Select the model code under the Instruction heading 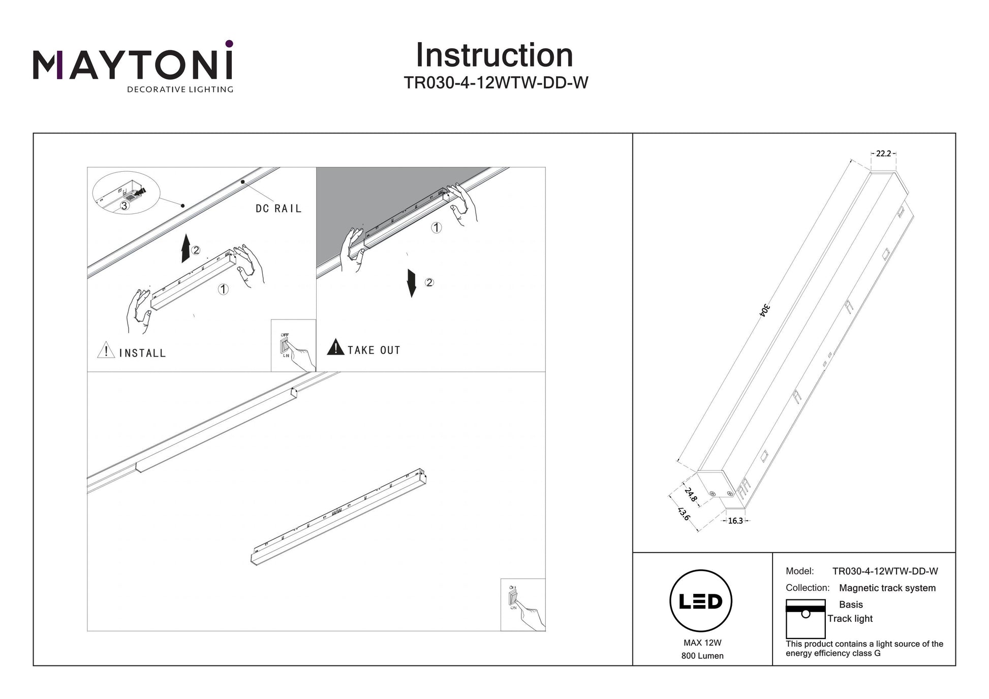[496, 83]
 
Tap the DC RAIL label [279, 209]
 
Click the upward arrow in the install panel [186, 248]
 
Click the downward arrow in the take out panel [412, 283]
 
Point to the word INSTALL [142, 353]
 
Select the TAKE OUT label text [374, 350]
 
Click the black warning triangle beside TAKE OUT [335, 347]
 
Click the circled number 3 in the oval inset [125, 206]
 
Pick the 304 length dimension [765, 310]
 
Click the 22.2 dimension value [883, 153]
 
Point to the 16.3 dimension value [735, 521]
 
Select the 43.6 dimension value [684, 514]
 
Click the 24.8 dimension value [691, 494]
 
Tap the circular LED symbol [701, 601]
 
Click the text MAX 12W [702, 643]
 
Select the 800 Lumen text [702, 656]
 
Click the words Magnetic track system [887, 588]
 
